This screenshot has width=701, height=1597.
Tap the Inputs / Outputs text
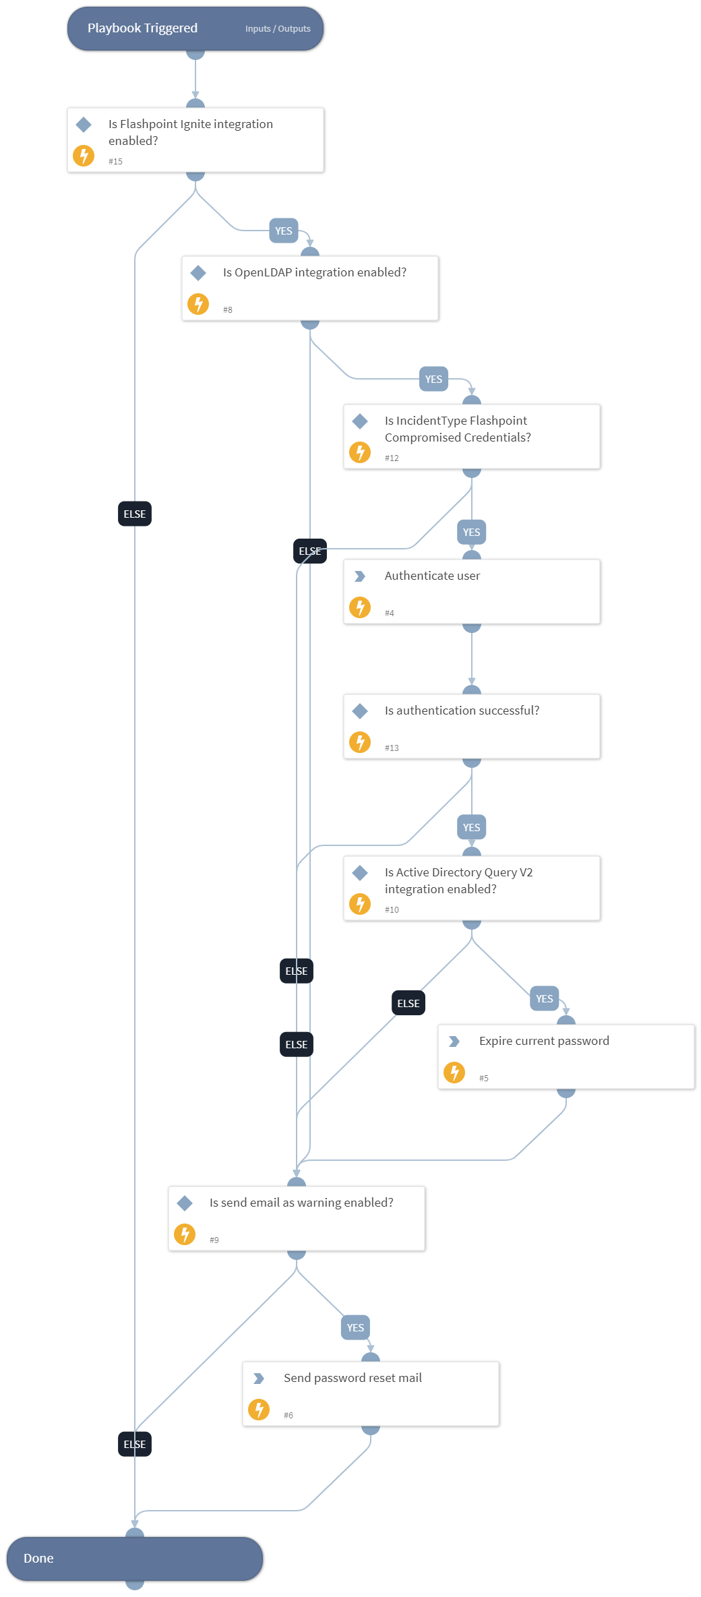point(278,29)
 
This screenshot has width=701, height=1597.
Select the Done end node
point(135,1558)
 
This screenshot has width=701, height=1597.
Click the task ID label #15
point(115,162)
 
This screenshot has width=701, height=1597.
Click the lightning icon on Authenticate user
point(360,607)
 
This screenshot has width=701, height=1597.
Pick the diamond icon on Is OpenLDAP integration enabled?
point(198,273)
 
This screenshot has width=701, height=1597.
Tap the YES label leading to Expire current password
point(544,998)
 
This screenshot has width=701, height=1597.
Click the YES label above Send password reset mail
point(355,1327)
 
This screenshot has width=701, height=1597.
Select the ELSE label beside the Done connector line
point(135,1444)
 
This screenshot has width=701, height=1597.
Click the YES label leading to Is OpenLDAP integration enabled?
point(283,231)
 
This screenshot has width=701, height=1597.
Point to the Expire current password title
point(544,1041)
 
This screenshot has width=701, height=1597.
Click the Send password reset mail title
point(353,1378)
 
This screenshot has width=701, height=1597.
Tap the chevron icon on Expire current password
point(454,1042)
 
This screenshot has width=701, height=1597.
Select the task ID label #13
point(392,748)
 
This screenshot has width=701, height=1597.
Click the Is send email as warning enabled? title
point(301,1203)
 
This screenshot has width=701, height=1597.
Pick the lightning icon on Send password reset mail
point(259,1409)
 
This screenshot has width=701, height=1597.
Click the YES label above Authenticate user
point(471,532)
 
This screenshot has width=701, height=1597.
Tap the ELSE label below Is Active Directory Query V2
point(408,1003)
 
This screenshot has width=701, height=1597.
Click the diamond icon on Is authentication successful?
point(360,711)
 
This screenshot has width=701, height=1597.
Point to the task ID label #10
point(392,910)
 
